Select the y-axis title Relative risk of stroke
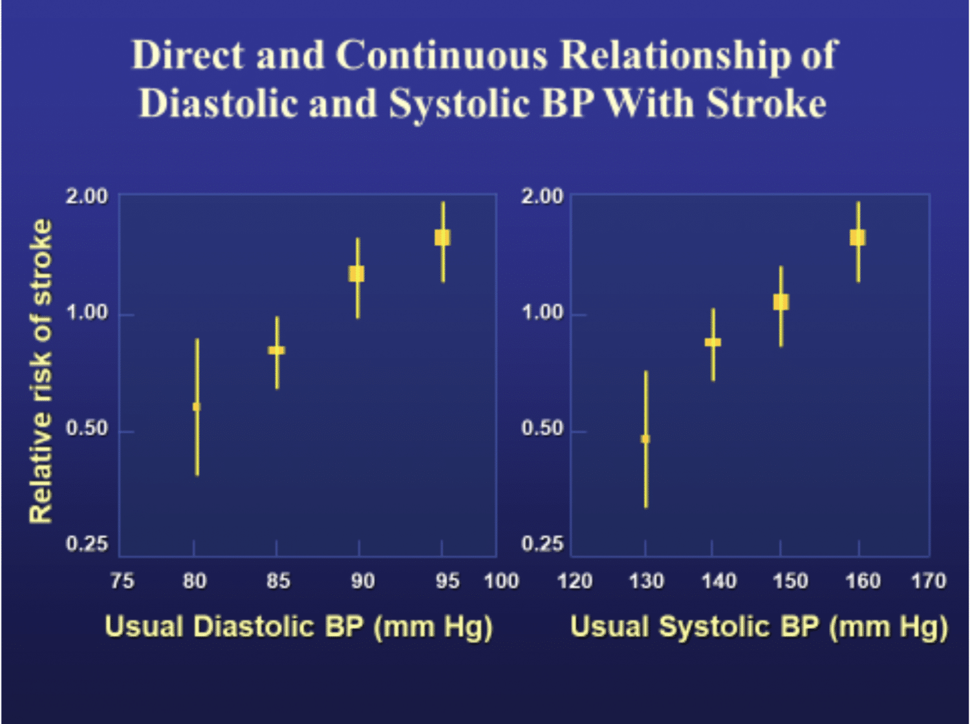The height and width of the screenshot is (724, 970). (x=41, y=371)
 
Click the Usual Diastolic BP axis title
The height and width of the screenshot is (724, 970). (x=298, y=626)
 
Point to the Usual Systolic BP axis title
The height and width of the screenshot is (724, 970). (x=759, y=626)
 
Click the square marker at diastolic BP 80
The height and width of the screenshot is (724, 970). (x=197, y=407)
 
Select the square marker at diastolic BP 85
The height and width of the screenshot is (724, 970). (x=277, y=350)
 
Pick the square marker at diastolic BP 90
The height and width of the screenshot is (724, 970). (x=357, y=273)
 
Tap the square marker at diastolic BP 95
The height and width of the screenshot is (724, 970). (x=442, y=237)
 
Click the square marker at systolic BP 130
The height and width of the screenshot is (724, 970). (x=645, y=439)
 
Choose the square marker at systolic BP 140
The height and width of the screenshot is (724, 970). (x=713, y=342)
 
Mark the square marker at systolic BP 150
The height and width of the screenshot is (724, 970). (x=781, y=302)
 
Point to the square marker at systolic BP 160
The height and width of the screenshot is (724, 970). (x=857, y=237)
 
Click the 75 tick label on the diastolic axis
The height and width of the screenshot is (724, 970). (x=122, y=581)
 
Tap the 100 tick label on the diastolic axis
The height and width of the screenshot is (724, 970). (x=502, y=581)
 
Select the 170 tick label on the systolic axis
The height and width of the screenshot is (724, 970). (x=929, y=581)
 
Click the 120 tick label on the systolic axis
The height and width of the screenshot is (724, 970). (x=575, y=581)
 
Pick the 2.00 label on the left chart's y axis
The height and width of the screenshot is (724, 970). (x=87, y=196)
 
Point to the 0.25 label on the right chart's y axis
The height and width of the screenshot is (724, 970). (x=542, y=544)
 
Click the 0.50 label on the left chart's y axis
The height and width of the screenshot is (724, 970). (x=87, y=428)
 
